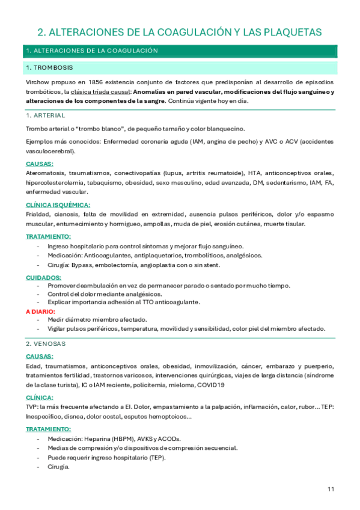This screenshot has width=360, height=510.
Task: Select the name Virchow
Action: coord(38,81)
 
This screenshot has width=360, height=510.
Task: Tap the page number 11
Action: coord(331,488)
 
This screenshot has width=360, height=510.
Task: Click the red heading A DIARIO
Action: coord(40,312)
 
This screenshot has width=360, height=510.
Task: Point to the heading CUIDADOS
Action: coord(43,277)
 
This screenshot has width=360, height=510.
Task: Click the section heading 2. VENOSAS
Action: coord(46,343)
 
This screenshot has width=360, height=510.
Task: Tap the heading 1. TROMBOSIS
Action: coord(50,67)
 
